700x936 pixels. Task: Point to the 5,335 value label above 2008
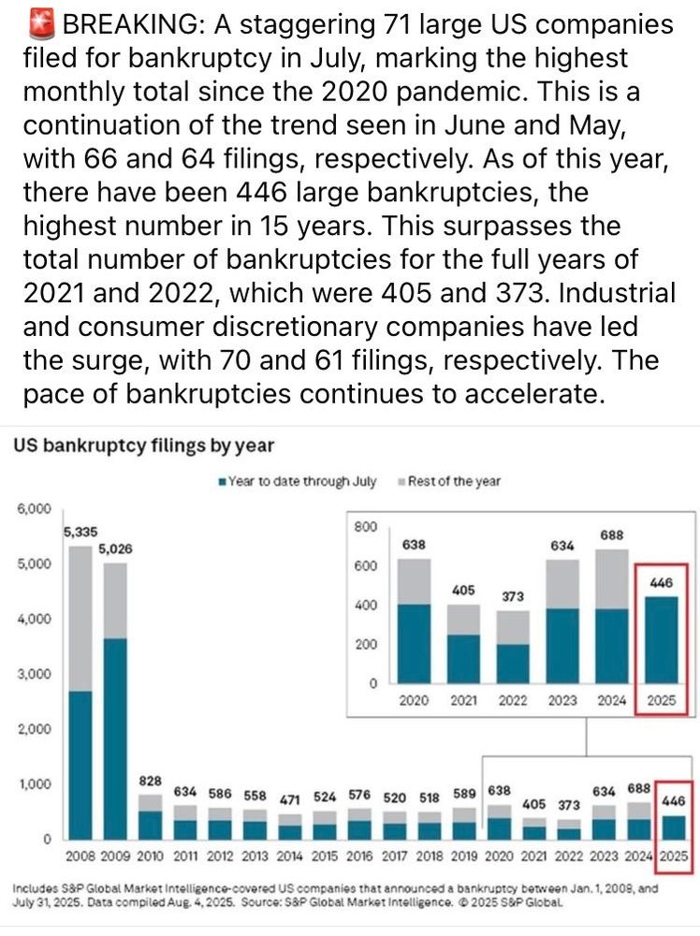pos(80,533)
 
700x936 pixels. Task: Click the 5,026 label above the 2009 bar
pos(116,548)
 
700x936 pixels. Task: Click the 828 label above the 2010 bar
pos(151,781)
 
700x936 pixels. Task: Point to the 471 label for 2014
pos(289,798)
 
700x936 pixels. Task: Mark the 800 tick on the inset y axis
pos(366,527)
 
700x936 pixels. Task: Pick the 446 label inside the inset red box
pos(661,582)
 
